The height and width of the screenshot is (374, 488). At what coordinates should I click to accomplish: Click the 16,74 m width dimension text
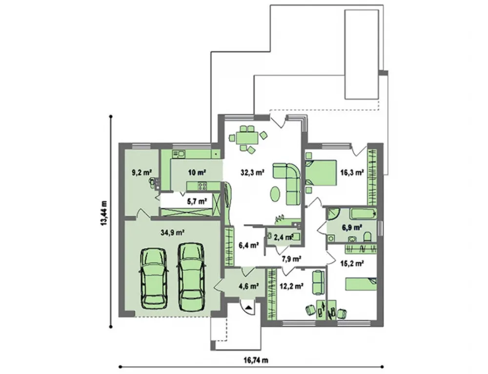(256, 360)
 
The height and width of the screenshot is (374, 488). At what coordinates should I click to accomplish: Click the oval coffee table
(275, 194)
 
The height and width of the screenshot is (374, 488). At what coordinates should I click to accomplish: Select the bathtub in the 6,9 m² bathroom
(363, 214)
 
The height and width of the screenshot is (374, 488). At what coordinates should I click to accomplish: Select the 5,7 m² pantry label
(197, 201)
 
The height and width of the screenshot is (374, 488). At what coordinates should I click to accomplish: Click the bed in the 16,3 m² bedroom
(321, 173)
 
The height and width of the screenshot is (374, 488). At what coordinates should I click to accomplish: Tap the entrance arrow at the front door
(248, 308)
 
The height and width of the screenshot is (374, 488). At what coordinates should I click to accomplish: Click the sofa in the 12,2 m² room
(318, 282)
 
